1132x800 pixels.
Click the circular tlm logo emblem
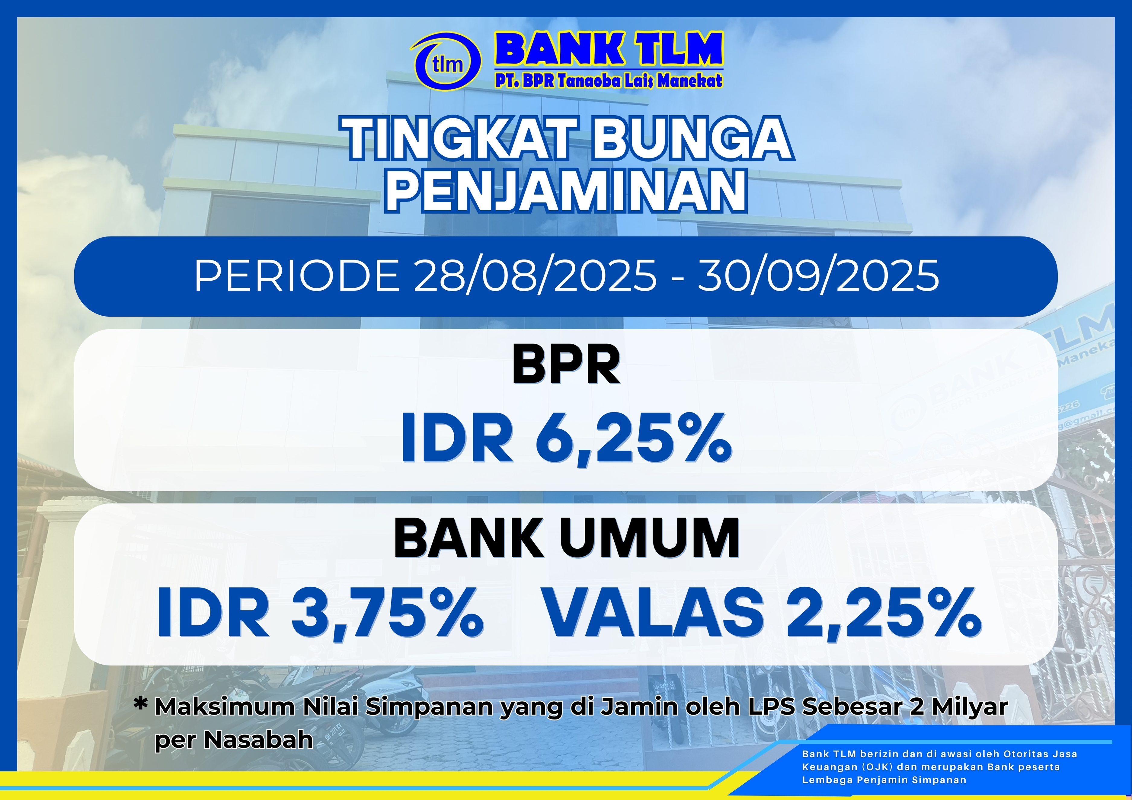446,62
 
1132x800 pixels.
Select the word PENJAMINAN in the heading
566,190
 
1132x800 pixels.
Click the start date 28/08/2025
535,276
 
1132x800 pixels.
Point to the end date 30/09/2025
818,276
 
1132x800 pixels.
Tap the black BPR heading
566,365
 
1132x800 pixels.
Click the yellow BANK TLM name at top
609,49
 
